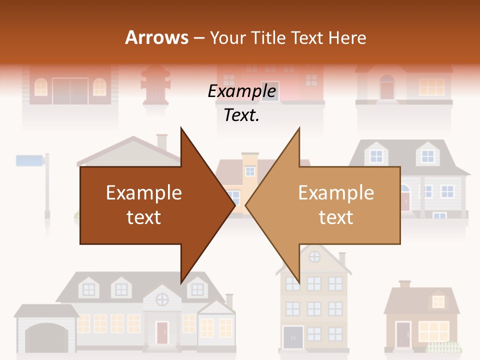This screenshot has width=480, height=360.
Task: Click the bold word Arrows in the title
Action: [156, 37]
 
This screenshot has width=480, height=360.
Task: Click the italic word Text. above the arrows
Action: [241, 115]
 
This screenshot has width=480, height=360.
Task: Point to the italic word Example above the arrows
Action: [241, 91]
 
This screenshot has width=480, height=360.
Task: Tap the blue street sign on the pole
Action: [29, 160]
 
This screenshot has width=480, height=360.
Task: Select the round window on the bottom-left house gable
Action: [162, 300]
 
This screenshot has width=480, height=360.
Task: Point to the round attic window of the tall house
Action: [314, 257]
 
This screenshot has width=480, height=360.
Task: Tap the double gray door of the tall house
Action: [293, 337]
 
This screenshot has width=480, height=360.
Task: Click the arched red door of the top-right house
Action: [387, 88]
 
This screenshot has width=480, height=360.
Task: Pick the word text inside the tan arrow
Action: [336, 217]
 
